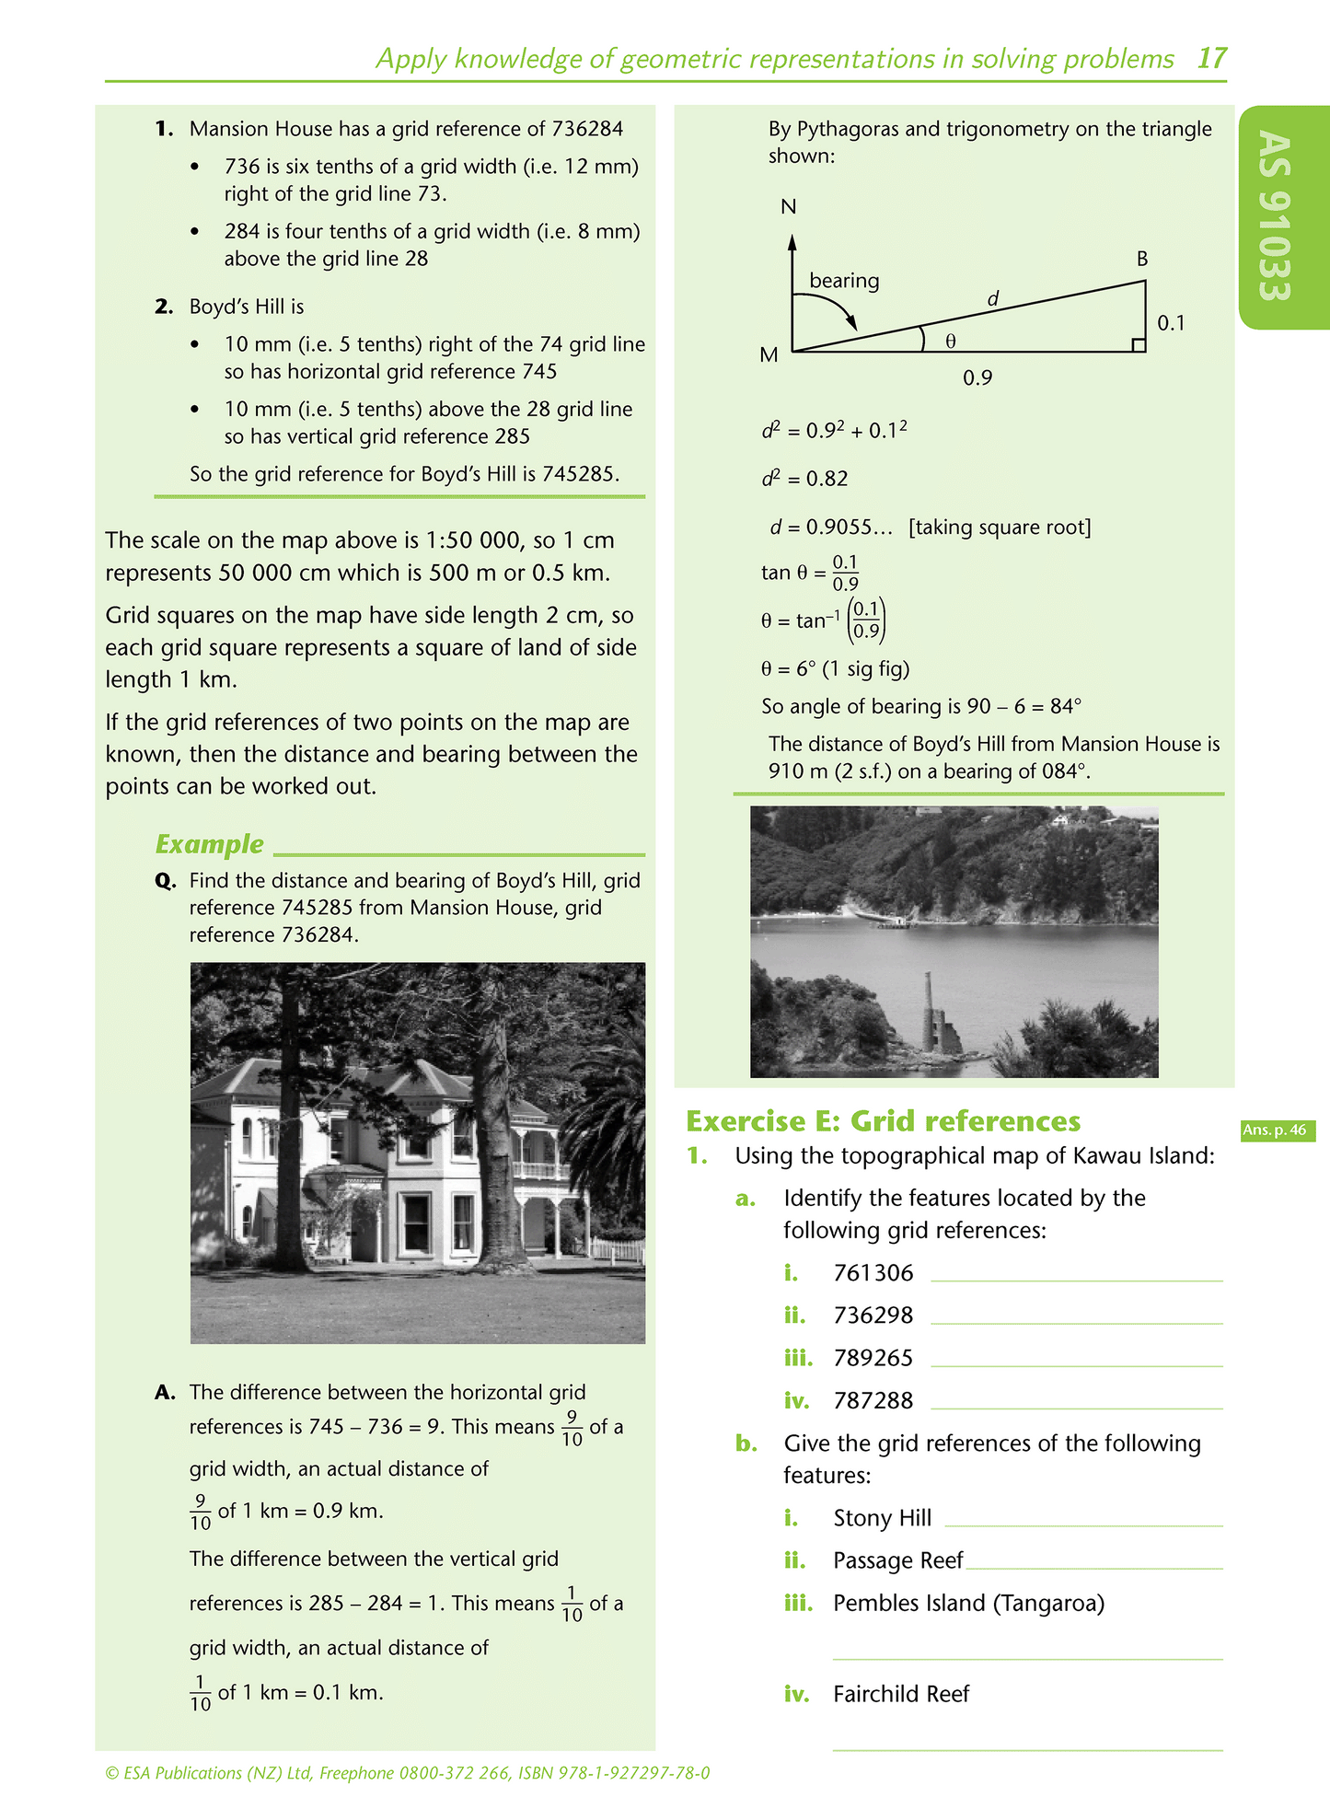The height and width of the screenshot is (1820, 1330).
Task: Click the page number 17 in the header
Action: point(1211,59)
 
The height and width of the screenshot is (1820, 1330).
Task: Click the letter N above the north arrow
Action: point(788,207)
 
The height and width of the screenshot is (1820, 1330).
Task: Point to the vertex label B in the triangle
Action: point(1142,260)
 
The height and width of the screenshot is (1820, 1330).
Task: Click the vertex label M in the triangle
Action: point(769,355)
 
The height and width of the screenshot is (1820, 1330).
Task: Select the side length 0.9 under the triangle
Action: point(977,378)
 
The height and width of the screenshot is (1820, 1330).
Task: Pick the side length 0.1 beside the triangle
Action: point(1171,323)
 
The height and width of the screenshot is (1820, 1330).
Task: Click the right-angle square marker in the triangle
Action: point(1139,345)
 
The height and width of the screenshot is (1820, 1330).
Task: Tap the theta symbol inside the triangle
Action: point(951,342)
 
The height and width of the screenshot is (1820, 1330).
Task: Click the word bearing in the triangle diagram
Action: point(844,281)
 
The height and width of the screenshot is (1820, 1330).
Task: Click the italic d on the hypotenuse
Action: point(993,299)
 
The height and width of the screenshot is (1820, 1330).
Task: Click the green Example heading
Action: point(209,844)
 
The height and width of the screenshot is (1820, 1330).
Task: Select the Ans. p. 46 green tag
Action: point(1278,1130)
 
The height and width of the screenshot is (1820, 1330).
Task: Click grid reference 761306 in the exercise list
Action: point(873,1273)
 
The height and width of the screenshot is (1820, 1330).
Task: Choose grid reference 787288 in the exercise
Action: point(873,1400)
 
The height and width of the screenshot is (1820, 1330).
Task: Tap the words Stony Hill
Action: point(882,1518)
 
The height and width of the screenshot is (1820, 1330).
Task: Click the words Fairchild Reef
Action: point(900,1694)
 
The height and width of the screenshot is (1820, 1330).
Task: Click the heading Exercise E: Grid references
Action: point(883,1121)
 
